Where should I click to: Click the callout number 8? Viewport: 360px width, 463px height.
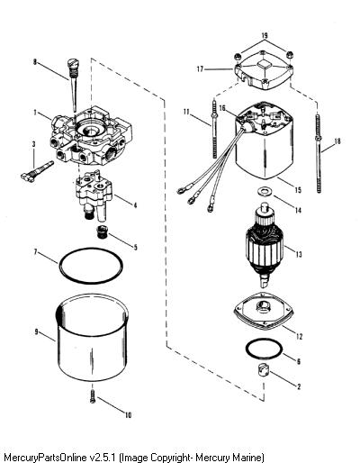(35, 62)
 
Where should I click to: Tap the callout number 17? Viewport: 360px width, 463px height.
(200, 69)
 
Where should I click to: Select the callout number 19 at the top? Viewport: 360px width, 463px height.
(265, 35)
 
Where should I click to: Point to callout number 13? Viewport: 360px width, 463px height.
(299, 254)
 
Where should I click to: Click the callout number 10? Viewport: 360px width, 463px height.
(128, 415)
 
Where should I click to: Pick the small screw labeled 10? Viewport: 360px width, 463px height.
(93, 396)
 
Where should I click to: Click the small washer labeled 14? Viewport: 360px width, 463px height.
(263, 191)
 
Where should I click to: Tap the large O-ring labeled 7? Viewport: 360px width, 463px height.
(91, 266)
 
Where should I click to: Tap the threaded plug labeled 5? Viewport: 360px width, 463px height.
(103, 231)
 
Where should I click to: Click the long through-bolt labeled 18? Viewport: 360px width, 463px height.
(318, 153)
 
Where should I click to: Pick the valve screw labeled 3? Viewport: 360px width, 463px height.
(38, 172)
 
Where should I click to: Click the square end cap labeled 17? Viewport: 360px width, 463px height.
(263, 71)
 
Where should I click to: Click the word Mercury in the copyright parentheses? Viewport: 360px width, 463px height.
(214, 458)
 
